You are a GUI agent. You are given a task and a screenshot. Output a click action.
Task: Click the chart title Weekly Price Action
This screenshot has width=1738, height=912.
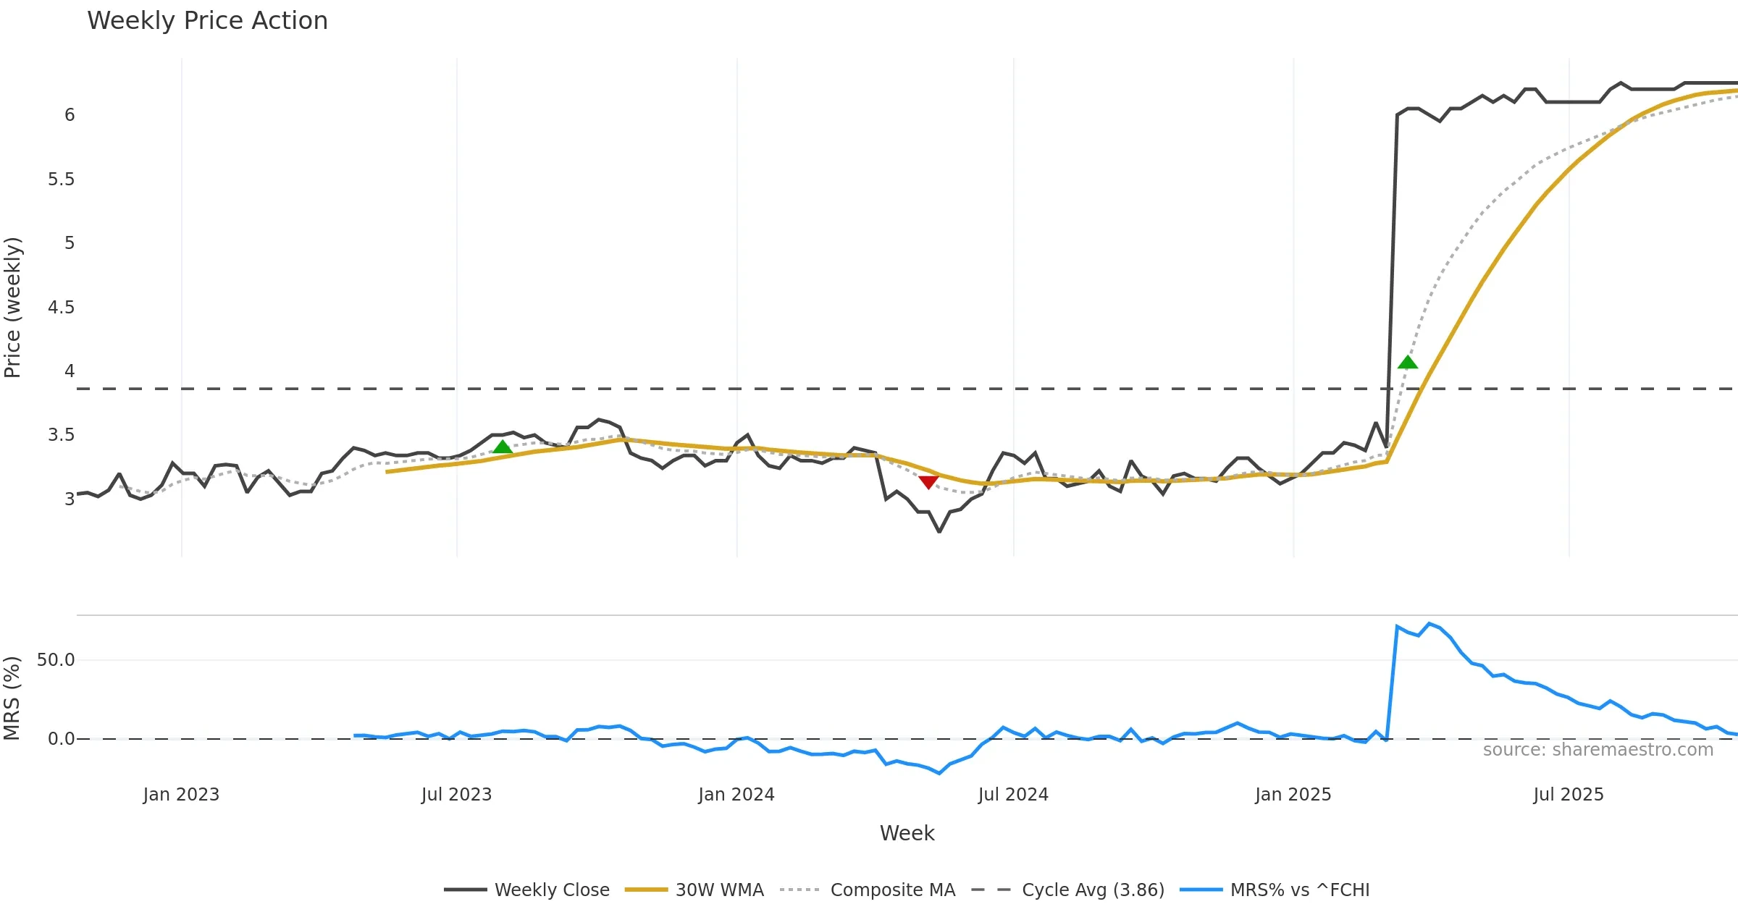tap(207, 21)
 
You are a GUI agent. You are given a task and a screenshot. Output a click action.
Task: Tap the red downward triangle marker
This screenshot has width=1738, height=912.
tap(928, 482)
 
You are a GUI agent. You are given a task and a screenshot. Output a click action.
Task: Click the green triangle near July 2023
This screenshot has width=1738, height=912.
tap(503, 447)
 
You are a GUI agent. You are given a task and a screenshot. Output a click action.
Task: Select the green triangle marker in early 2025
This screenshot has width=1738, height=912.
tap(1407, 362)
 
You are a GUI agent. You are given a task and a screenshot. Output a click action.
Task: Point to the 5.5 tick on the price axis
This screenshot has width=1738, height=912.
tap(61, 180)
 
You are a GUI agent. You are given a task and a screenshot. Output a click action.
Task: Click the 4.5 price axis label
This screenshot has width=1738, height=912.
tap(61, 308)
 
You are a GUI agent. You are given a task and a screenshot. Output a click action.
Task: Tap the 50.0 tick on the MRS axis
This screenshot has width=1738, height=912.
tap(56, 660)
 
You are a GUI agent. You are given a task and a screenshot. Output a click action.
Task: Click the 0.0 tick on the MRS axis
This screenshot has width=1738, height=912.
tap(61, 739)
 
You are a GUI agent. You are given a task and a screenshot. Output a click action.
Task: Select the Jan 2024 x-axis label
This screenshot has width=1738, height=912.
tap(736, 795)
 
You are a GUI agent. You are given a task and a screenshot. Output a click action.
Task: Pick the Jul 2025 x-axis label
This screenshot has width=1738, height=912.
tap(1569, 795)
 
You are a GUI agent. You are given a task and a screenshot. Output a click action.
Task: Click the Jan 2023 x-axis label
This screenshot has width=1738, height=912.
tap(181, 795)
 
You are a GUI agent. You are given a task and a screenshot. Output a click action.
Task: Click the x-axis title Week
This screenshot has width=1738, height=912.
tap(907, 834)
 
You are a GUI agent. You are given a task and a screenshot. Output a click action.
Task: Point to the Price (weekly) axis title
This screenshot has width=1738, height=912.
tap(13, 308)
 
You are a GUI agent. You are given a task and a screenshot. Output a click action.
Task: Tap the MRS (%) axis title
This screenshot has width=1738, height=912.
tap(12, 698)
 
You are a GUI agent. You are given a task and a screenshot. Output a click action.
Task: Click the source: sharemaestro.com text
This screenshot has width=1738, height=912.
tap(1598, 750)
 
